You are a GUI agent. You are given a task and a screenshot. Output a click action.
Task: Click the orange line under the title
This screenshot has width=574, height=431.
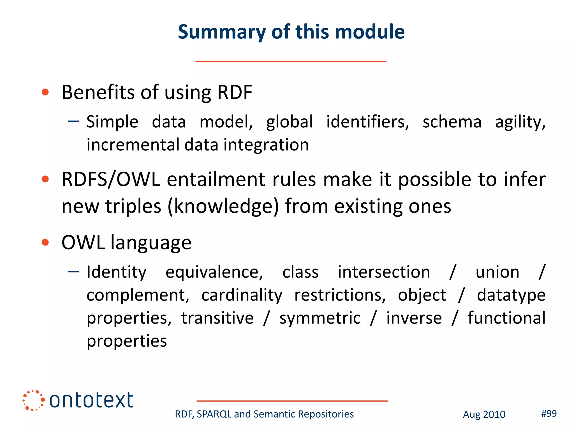click(x=291, y=61)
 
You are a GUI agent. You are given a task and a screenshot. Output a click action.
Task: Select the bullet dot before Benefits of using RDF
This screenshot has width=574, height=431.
click(x=45, y=92)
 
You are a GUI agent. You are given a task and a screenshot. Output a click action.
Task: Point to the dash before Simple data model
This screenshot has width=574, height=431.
click(x=73, y=121)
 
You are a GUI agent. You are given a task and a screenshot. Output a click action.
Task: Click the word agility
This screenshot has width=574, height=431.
click(x=520, y=122)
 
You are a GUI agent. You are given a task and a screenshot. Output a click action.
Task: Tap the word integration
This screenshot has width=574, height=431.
click(x=266, y=145)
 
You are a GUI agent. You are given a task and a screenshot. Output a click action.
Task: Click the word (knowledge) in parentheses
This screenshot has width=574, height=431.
click(x=223, y=206)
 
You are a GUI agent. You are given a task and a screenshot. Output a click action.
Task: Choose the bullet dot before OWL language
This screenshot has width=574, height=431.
click(x=45, y=242)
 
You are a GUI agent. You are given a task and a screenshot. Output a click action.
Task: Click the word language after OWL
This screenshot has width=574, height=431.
click(x=151, y=243)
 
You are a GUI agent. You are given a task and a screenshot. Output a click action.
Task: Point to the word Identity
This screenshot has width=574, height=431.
click(x=116, y=272)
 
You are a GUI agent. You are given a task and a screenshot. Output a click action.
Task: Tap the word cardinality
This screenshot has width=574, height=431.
click(x=242, y=295)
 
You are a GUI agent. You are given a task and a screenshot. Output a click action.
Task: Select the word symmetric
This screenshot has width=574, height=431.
click(x=320, y=318)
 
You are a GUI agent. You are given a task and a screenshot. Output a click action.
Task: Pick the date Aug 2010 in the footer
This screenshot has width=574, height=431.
click(x=484, y=414)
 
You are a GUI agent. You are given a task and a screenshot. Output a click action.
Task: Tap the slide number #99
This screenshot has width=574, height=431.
click(x=549, y=413)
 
